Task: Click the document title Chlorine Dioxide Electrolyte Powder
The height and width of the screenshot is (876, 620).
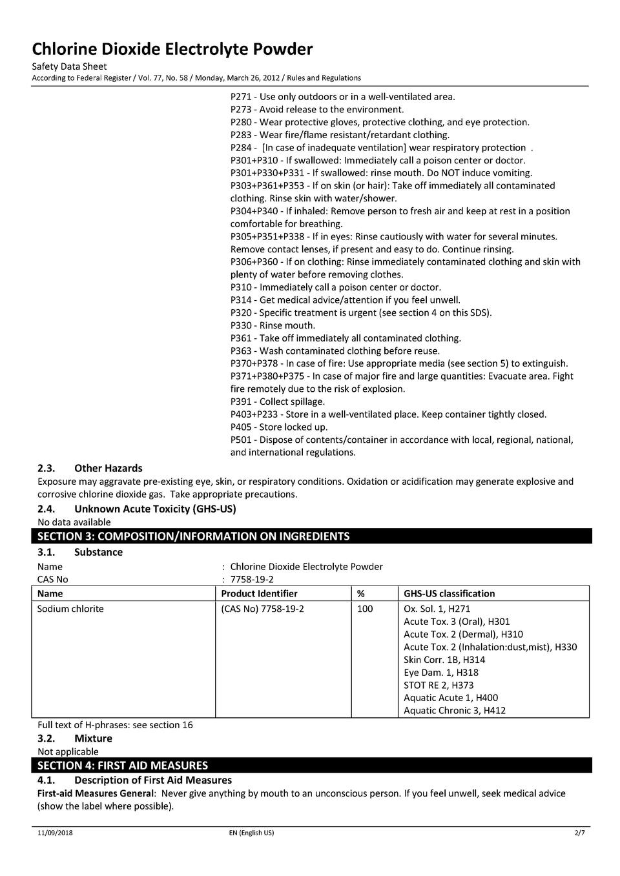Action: point(172,49)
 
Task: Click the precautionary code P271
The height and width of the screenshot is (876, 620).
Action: point(242,97)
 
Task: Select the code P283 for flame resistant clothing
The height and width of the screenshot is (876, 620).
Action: point(242,135)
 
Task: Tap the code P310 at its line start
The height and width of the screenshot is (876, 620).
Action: point(242,287)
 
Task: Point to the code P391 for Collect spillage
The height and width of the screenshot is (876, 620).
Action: point(242,402)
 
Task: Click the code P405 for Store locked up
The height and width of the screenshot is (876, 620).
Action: point(242,427)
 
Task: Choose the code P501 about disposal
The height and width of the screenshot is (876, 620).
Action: point(242,440)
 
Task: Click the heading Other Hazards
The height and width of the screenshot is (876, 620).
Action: point(108,468)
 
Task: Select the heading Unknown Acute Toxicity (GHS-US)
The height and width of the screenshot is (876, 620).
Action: point(155,509)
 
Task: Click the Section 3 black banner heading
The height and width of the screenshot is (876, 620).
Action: point(194,536)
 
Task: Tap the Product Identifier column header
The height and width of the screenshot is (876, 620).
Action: point(259,594)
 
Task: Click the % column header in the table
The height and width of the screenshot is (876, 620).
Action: point(360,594)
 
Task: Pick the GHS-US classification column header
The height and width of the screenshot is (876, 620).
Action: point(449,594)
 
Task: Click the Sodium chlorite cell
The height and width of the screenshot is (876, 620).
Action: point(70,609)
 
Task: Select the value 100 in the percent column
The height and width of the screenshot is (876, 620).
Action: point(365,609)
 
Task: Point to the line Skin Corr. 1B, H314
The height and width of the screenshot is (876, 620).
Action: point(444,660)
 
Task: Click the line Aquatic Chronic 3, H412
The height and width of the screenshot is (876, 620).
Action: point(455,711)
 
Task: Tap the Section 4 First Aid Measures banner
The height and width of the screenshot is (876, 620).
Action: point(123,766)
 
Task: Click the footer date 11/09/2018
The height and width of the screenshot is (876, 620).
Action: point(55,833)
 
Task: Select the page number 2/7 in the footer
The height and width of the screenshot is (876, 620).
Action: point(579,833)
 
